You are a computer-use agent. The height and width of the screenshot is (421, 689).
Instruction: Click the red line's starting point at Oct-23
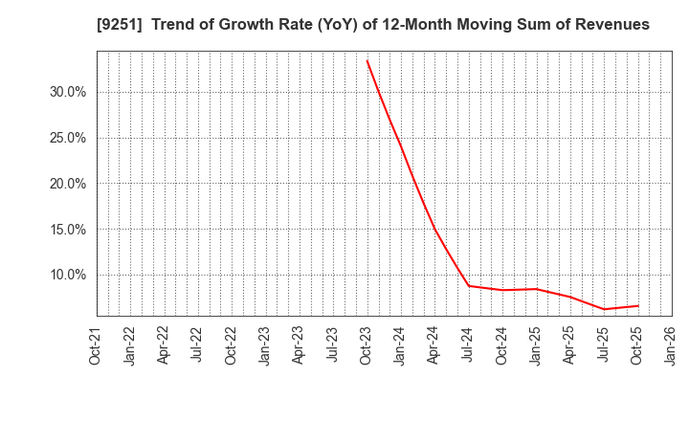coord(367,60)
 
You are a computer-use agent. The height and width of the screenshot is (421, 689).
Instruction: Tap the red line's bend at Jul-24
coord(468,285)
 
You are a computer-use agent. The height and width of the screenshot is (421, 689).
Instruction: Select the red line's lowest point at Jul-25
coord(604,309)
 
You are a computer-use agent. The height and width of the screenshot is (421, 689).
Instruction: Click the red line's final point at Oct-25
coord(637,306)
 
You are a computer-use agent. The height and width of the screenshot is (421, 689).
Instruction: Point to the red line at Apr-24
coord(434,228)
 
